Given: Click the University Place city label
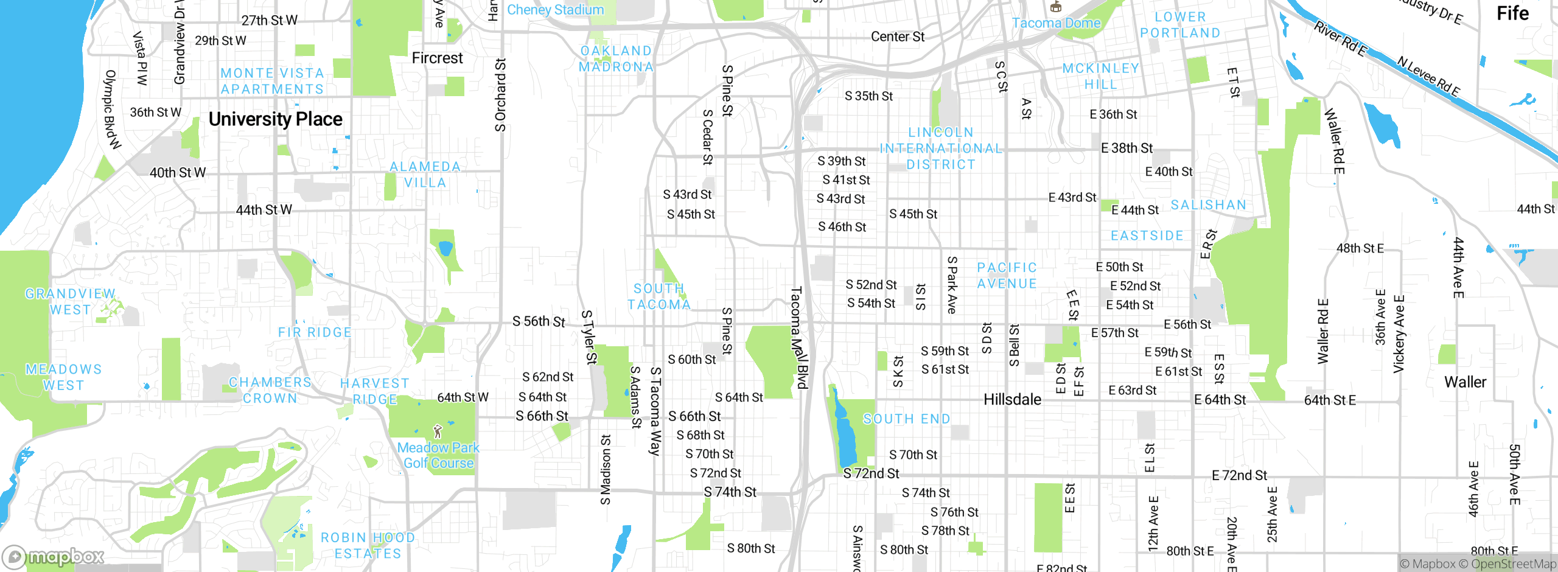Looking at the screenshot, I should (x=275, y=119).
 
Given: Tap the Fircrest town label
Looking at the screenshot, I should (x=437, y=58).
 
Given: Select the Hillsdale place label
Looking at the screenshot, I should (x=1012, y=400).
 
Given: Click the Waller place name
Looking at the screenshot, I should (x=1465, y=382).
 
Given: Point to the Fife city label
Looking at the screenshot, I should (x=1512, y=13).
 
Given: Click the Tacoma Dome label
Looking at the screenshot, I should (x=1056, y=23).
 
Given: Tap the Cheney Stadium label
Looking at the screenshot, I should (x=555, y=10).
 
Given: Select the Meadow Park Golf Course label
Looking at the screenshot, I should (x=438, y=455).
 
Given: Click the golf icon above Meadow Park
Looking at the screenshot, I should (x=437, y=431).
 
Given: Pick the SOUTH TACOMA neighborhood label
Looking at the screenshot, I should (x=659, y=296).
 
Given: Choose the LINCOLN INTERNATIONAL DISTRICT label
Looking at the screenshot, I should (x=941, y=148).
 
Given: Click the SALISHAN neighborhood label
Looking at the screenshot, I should (x=1208, y=205).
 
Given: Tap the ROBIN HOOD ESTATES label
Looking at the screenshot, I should (x=368, y=546).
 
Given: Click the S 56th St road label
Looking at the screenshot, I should (x=539, y=321).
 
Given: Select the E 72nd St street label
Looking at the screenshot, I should (x=1239, y=475).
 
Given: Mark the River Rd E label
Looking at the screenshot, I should (x=1340, y=39).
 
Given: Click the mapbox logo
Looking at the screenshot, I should (x=54, y=556).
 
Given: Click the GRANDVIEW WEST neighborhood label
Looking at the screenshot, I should (x=70, y=302).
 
